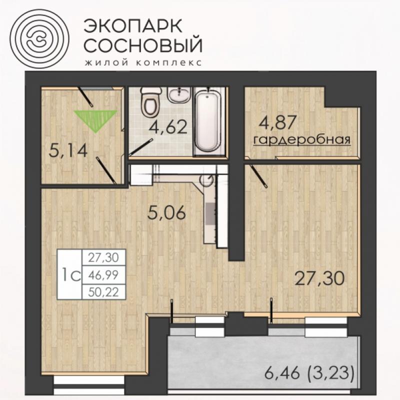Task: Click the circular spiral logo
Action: point(39,38)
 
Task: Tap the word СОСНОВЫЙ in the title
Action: point(143,45)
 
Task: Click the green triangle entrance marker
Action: point(95,121)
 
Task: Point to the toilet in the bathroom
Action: point(151,101)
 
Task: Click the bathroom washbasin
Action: point(179,94)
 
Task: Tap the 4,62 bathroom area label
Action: point(168,127)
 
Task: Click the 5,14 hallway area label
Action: point(68,150)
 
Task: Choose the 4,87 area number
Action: point(277,122)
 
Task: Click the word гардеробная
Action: point(302,140)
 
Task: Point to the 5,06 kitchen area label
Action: point(166,212)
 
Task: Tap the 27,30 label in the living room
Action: point(319,278)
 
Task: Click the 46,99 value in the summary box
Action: point(103,275)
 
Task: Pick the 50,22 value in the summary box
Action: point(103,292)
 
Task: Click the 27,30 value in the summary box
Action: point(103,257)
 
